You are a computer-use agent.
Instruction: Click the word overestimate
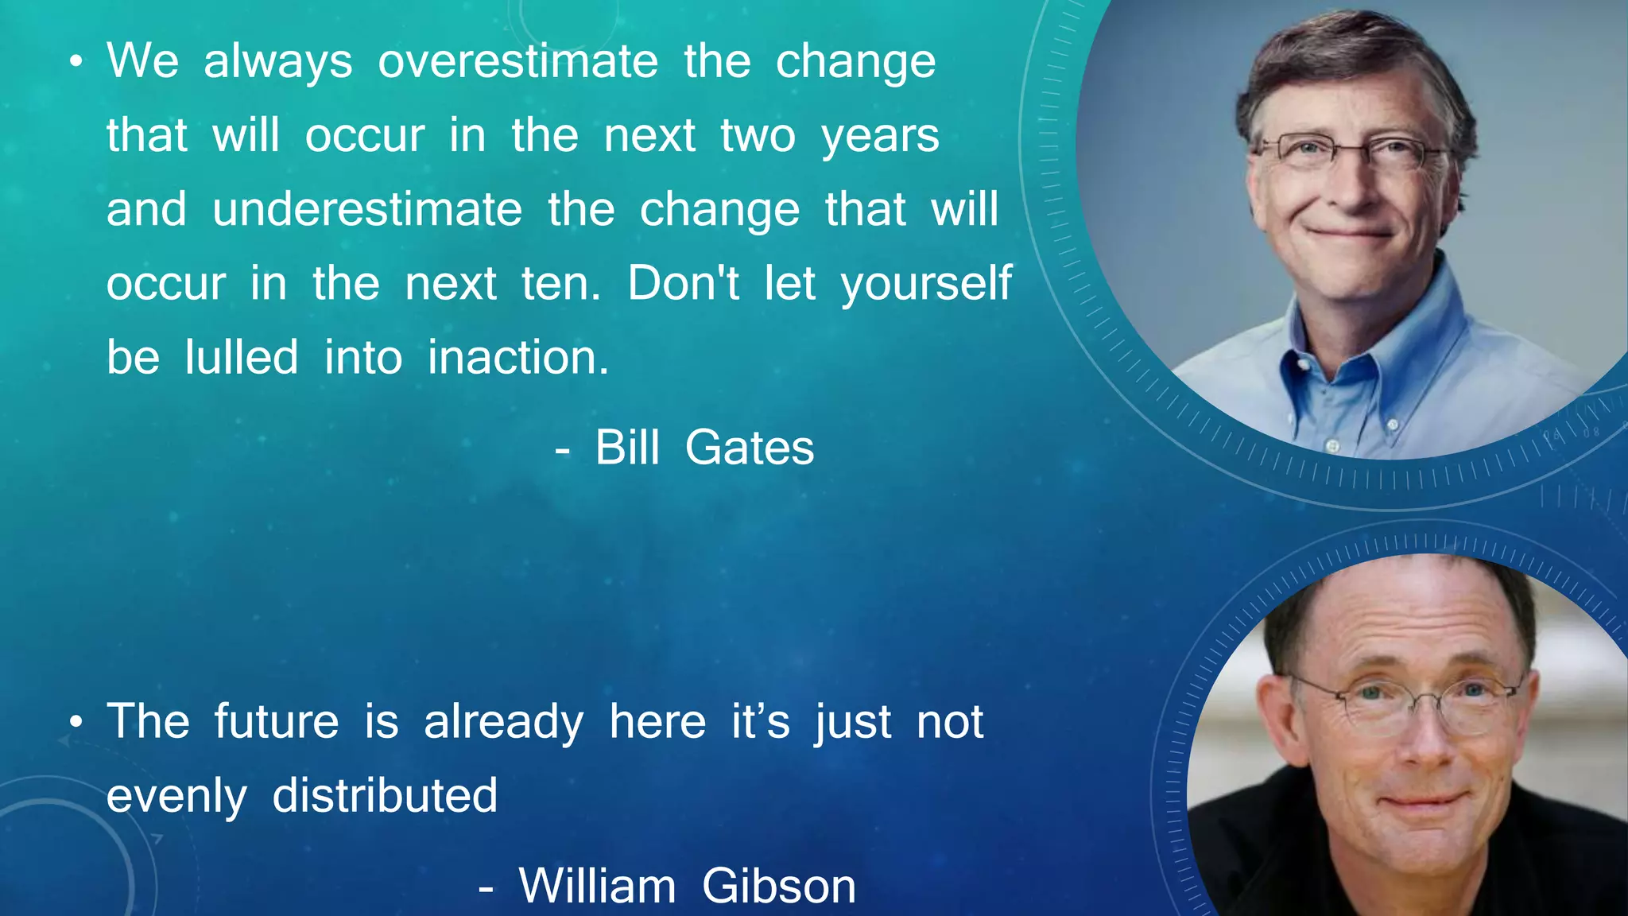coord(517,61)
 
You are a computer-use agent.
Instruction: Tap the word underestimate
coord(367,209)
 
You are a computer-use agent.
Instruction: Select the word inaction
coord(517,357)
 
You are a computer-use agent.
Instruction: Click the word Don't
coord(683,282)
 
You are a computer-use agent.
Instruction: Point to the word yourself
coord(926,284)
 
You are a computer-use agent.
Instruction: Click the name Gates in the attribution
coord(749,447)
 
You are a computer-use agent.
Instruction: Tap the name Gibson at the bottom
coord(778,885)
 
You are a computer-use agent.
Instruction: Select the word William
coord(597,885)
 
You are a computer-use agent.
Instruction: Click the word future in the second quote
coord(276,721)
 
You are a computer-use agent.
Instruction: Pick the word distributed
coord(385,795)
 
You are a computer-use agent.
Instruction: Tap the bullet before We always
coord(76,62)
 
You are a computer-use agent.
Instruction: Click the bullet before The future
coord(76,722)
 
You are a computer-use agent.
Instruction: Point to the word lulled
coord(242,357)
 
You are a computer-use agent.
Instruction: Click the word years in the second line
coord(880,137)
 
